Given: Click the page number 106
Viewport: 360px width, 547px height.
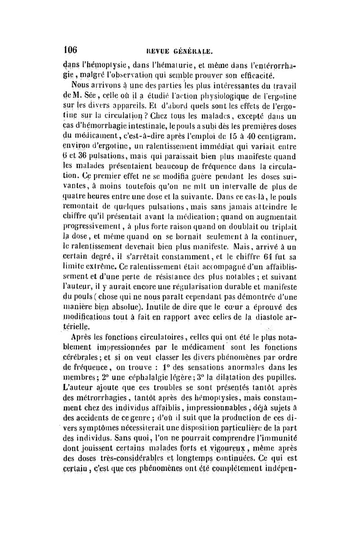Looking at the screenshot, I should pos(71,49).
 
